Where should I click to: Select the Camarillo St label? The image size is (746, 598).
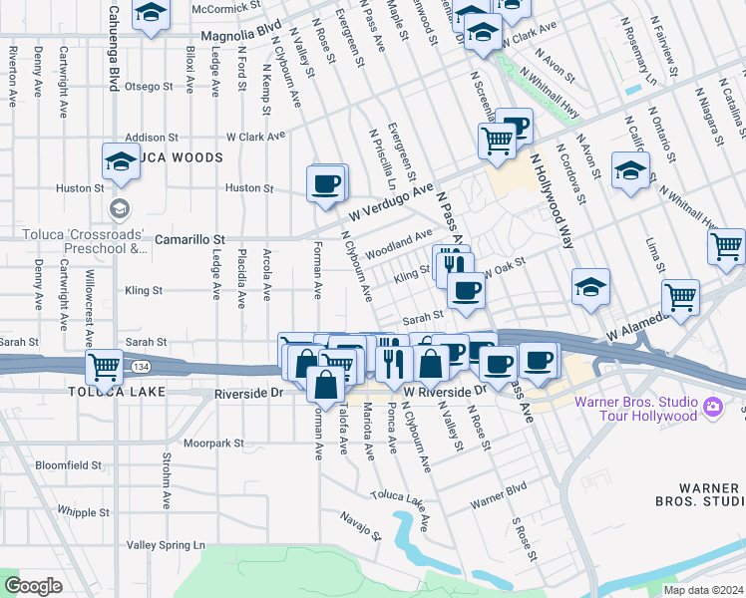[190, 240]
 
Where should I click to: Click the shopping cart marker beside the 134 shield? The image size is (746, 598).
[104, 366]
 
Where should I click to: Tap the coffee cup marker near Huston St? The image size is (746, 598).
[327, 183]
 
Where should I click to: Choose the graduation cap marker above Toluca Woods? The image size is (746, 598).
[121, 160]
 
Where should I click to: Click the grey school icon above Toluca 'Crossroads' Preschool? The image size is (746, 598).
[120, 208]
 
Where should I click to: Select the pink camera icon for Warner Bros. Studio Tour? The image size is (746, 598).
[712, 407]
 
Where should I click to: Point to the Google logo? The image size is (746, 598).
[33, 586]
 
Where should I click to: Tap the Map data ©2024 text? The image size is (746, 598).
[703, 590]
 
